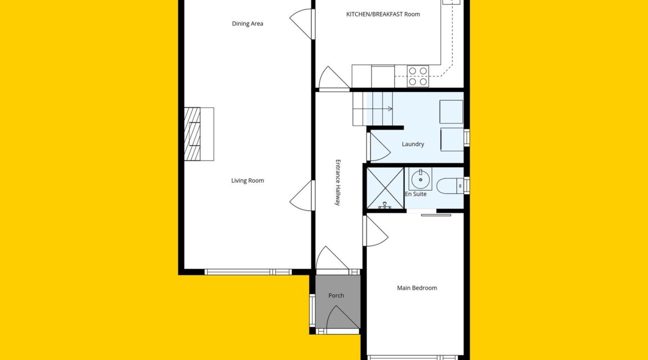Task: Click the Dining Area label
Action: [x=248, y=24]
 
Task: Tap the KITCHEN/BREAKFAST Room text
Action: [x=383, y=14]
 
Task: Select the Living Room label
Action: [x=248, y=181]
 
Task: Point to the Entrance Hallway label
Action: [x=338, y=183]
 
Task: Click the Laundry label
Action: [x=413, y=144]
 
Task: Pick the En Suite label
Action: [x=416, y=194]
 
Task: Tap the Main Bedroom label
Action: [x=417, y=288]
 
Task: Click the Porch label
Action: [x=336, y=296]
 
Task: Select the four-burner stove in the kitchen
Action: [x=418, y=76]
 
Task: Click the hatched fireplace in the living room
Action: [x=192, y=134]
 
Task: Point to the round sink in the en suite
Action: [x=421, y=179]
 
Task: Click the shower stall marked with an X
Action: [x=385, y=188]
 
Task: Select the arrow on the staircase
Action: [x=389, y=109]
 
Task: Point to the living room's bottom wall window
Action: [x=248, y=272]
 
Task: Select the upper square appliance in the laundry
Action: [x=451, y=111]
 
